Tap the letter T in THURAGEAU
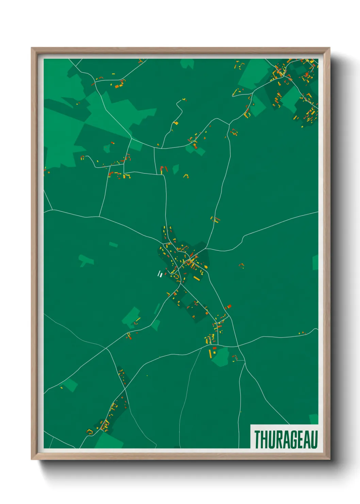pos(258,440)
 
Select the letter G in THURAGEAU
pos(289,440)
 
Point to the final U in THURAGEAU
pos(314,440)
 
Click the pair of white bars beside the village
pos(159,274)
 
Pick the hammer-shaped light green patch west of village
pos(86,260)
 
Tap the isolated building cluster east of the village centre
pos(242,265)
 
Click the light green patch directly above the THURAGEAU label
pos(314,419)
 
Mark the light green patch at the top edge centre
pos(187,63)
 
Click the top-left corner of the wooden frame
pos(32,48)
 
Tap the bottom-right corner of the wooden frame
pos(329,459)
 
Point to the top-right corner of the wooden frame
pos(329,48)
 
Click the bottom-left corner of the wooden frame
pos(32,459)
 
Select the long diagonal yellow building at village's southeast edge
pos(196,278)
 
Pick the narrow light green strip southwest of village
pos(157,309)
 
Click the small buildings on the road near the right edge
pos(302,333)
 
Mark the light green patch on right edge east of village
pos(315,262)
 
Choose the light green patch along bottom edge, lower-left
pos(109,441)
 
